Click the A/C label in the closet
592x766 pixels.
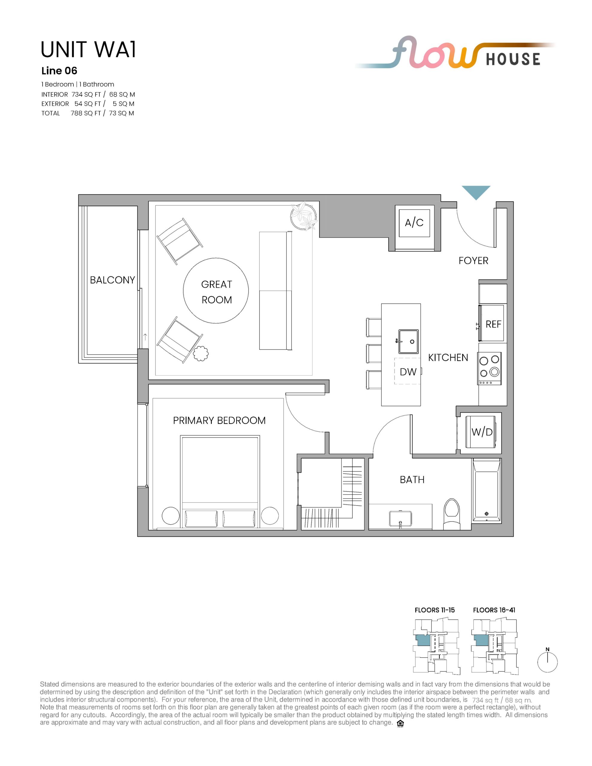(414, 222)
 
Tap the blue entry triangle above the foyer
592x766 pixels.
(476, 191)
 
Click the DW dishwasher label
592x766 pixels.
(408, 372)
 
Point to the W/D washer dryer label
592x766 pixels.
(482, 432)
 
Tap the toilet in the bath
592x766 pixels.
(451, 514)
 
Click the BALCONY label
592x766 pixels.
(112, 280)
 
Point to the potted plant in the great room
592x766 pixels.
(304, 216)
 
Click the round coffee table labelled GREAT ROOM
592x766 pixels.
(216, 291)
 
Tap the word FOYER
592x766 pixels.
(473, 261)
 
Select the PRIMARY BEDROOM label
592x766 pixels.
(219, 420)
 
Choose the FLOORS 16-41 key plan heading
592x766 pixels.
(494, 610)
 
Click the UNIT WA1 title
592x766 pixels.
(88, 49)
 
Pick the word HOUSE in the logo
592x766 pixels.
(513, 59)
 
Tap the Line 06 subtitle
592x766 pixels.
(59, 71)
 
